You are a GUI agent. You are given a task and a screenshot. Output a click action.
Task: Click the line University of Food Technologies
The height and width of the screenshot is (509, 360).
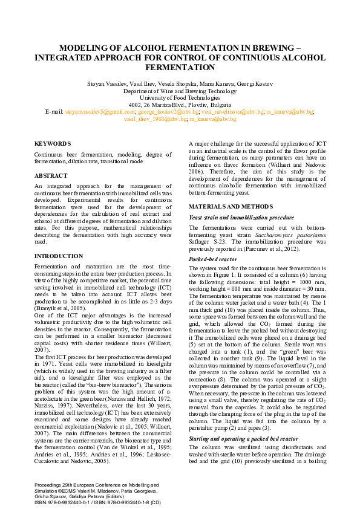coord(180,97)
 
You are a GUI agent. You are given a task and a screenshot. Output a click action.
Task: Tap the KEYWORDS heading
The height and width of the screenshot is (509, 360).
coord(53,144)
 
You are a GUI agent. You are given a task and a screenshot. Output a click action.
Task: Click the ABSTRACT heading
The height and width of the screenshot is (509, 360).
coord(51,175)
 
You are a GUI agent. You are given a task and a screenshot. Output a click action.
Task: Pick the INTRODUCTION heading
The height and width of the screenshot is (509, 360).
coord(59,256)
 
